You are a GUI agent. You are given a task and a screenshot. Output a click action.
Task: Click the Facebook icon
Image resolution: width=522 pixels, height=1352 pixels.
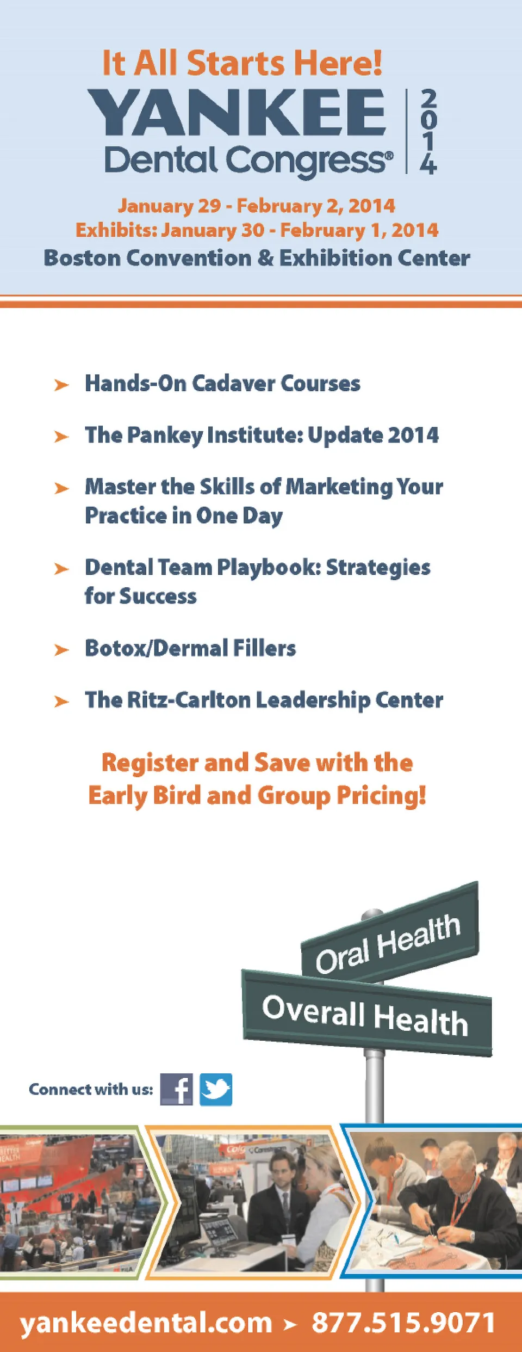[176, 1089]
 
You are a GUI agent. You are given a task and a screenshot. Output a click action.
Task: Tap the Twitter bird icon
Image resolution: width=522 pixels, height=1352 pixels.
[216, 1089]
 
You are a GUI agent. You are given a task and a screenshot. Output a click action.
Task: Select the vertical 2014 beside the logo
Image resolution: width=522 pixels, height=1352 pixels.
[428, 132]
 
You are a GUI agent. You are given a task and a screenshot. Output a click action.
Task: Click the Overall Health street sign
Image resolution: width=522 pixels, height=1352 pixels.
[367, 1013]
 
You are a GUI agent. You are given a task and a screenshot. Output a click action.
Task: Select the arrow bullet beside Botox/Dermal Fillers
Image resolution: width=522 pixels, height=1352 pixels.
[61, 650]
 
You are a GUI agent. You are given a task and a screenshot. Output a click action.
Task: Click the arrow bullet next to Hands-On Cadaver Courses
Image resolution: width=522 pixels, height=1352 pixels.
[61, 385]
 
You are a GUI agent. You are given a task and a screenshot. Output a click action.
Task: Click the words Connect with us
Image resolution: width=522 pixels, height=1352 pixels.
[91, 1089]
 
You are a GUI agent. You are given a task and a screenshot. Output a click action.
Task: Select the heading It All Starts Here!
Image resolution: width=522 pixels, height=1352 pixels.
[243, 63]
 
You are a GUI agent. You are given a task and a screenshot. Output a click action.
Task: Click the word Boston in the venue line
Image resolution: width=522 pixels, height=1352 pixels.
[82, 258]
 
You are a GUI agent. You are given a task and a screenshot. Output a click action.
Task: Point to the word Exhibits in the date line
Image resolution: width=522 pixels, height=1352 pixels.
[116, 230]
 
